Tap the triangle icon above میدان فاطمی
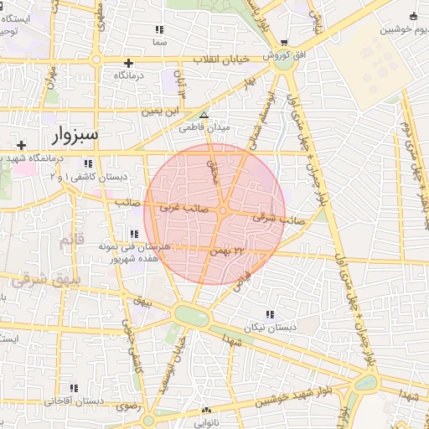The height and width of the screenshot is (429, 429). click(203, 115)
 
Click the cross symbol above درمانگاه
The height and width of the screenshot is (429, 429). click(128, 63)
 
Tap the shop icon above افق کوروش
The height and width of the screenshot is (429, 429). click(285, 44)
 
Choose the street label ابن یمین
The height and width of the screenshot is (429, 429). click(161, 111)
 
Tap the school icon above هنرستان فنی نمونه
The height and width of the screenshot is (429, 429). click(134, 234)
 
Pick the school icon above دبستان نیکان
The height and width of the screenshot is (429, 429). click(269, 313)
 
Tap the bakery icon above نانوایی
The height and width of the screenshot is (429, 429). click(206, 411)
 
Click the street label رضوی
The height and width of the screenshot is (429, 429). click(126, 406)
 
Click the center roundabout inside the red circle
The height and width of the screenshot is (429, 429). click(225, 212)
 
